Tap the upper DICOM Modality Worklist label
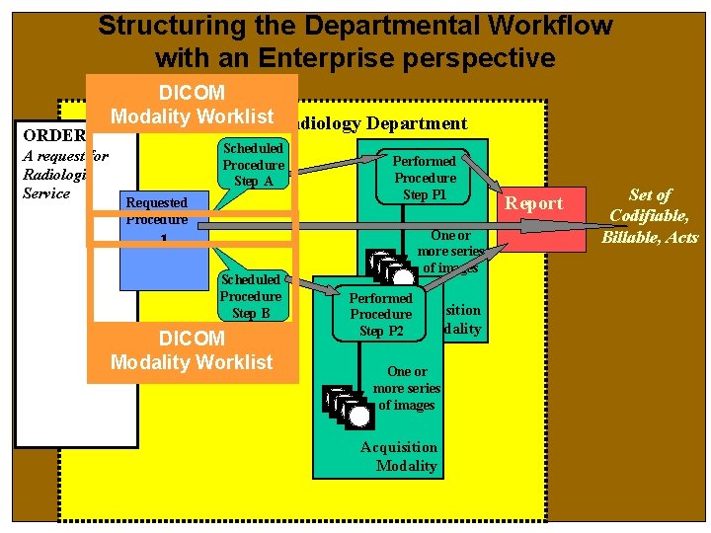point(192,105)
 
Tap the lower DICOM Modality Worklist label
point(192,350)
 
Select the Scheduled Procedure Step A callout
point(253,165)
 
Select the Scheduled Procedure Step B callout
point(250,296)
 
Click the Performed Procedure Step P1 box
point(425,178)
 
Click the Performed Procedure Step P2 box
point(381,314)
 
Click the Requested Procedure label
point(155,210)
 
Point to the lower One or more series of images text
point(407,388)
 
